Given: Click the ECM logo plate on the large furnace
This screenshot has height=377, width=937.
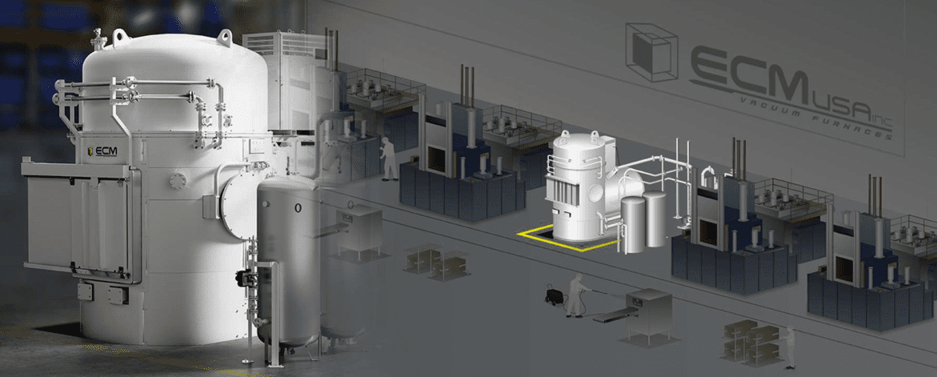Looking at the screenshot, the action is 102,152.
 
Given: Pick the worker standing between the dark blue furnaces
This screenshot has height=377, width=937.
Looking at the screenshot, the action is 389,159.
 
